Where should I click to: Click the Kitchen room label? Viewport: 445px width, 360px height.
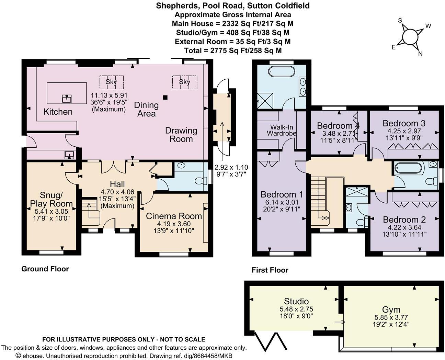[58, 112]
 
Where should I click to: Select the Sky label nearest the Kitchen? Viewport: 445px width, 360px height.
[111, 82]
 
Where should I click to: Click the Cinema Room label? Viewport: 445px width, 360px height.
[174, 216]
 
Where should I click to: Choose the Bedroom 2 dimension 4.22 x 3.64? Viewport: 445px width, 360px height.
[404, 227]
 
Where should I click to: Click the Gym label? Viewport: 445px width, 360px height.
[391, 310]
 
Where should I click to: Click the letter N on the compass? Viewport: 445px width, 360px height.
[420, 54]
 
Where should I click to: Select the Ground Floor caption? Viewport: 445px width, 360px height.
[45, 269]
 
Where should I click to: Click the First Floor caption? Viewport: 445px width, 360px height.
[270, 270]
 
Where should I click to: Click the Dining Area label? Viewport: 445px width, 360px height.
[146, 109]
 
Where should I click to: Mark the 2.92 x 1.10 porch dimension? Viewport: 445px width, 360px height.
[231, 167]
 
